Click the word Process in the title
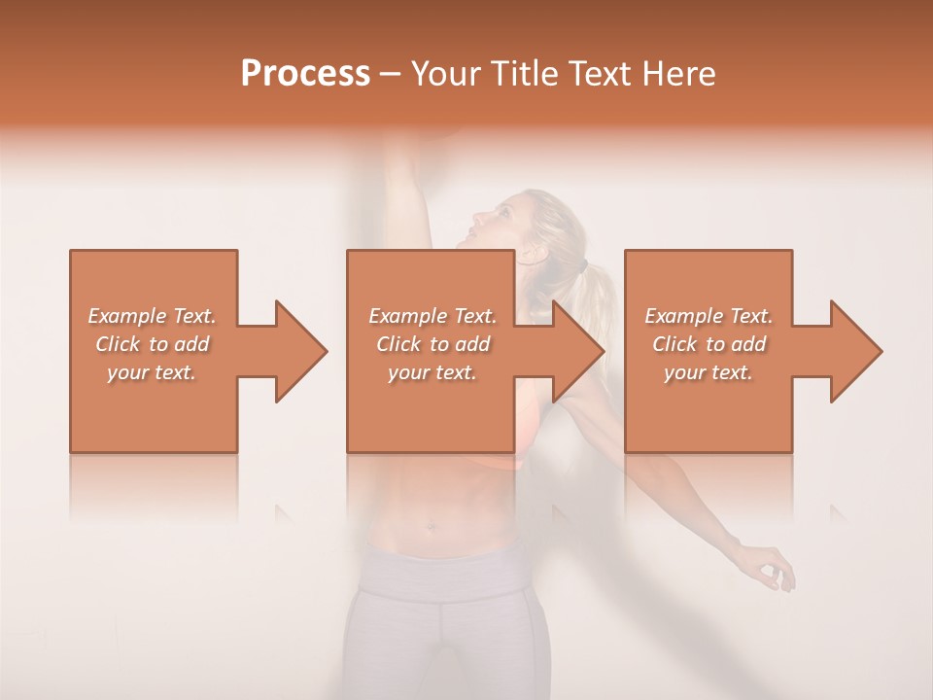(x=305, y=74)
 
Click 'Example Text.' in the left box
(x=152, y=316)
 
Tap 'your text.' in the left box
(x=152, y=372)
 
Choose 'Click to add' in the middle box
(x=432, y=344)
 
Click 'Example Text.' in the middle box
(x=432, y=316)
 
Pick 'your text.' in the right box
(x=708, y=372)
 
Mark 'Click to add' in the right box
(x=708, y=344)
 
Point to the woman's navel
(x=428, y=530)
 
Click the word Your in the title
(x=443, y=74)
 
